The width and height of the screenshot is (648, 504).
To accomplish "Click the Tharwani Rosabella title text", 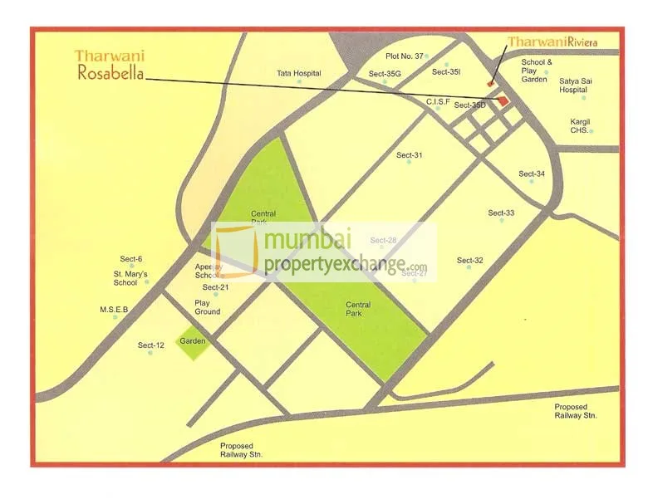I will click(x=109, y=66).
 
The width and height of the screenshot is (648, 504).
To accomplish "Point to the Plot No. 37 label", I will click(x=405, y=56).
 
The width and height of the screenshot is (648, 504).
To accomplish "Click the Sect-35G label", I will click(x=385, y=74).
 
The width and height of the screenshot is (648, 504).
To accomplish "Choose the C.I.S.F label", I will click(x=438, y=100).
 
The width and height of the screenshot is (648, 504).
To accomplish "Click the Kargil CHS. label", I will click(x=580, y=126).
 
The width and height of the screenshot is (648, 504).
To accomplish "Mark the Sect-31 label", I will click(x=409, y=155).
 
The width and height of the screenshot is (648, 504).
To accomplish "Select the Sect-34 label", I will click(x=532, y=174).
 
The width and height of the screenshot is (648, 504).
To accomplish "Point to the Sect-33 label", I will click(x=501, y=213).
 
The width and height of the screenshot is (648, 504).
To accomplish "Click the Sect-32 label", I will click(x=469, y=261).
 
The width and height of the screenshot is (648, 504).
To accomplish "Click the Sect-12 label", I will click(x=150, y=345).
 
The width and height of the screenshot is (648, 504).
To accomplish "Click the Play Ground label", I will click(x=207, y=307).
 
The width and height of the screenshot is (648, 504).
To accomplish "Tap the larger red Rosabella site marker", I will click(x=503, y=100).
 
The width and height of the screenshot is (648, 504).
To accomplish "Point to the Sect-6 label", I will click(x=131, y=259).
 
